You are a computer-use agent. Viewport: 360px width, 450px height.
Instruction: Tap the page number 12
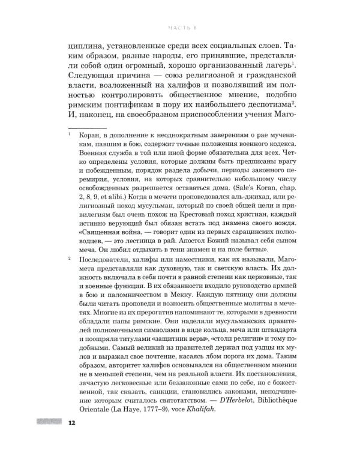(71, 424)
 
